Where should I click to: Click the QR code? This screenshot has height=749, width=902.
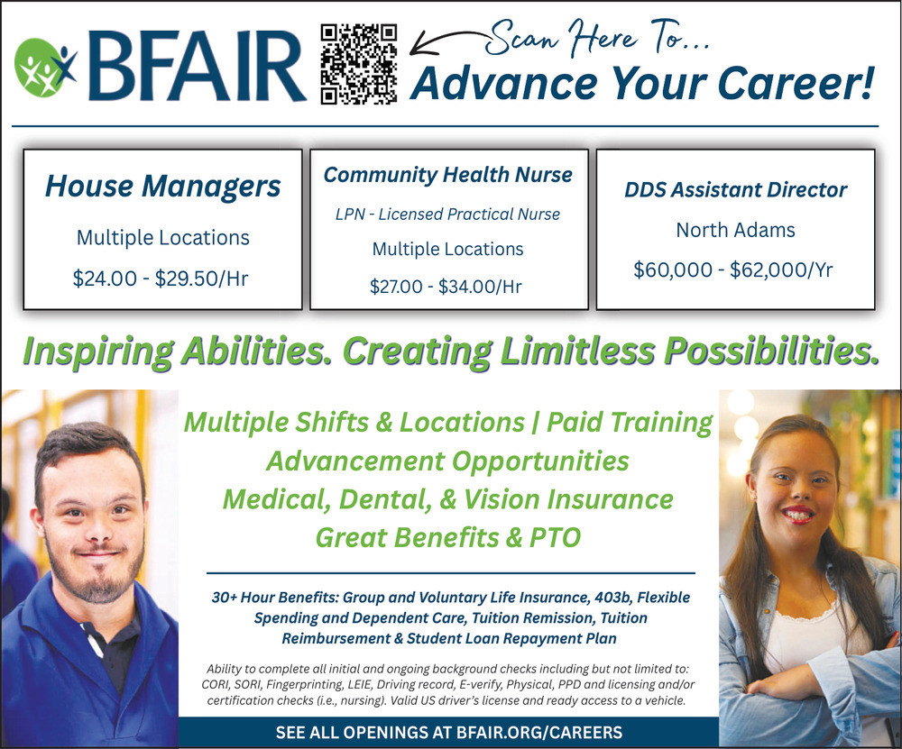pyautogui.click(x=358, y=64)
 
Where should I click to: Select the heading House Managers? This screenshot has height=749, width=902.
pyautogui.click(x=162, y=187)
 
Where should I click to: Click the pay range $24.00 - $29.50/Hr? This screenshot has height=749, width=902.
pyautogui.click(x=161, y=279)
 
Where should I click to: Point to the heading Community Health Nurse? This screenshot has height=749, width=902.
pyautogui.click(x=448, y=175)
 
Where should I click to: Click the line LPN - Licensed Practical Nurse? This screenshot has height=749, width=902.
pyautogui.click(x=448, y=215)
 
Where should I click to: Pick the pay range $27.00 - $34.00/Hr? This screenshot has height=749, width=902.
pyautogui.click(x=446, y=287)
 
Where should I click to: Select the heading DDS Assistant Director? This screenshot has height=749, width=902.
pyautogui.click(x=736, y=189)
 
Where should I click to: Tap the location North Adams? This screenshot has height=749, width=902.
pyautogui.click(x=735, y=230)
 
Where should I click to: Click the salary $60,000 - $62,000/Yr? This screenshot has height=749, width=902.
pyautogui.click(x=732, y=269)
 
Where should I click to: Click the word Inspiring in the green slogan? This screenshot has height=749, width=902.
pyautogui.click(x=97, y=352)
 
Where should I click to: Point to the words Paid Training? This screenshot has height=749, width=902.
pyautogui.click(x=630, y=423)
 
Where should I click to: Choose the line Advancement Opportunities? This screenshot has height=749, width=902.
pyautogui.click(x=447, y=461)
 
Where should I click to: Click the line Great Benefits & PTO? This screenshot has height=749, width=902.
pyautogui.click(x=448, y=537)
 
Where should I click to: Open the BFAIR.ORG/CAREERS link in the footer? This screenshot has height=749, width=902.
pyautogui.click(x=539, y=733)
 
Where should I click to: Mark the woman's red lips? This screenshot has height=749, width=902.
pyautogui.click(x=797, y=515)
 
